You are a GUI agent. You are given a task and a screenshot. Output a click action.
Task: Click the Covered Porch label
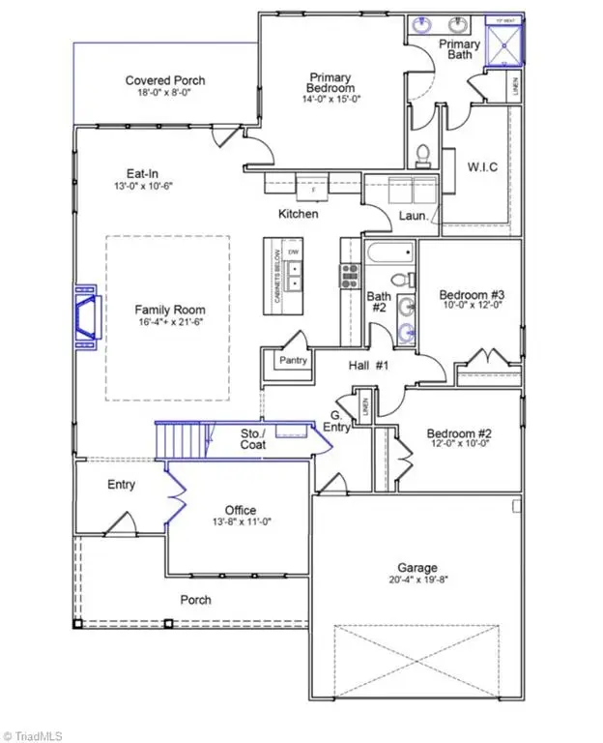point(165,80)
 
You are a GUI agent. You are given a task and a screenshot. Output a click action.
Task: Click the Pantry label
point(293,361)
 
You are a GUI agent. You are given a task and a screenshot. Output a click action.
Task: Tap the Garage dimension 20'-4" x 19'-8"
point(416,580)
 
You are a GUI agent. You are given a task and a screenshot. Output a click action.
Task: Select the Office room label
point(241,510)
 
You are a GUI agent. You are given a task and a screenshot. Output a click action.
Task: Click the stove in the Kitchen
point(348,276)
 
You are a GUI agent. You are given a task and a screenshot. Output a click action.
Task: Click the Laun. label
point(413,216)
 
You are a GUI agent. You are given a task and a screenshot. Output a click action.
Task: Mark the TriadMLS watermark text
point(39,733)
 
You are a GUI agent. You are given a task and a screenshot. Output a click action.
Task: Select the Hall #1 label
point(368,365)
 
